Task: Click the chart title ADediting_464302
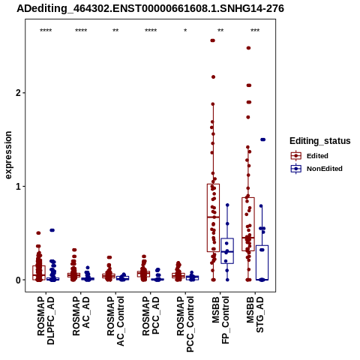151,8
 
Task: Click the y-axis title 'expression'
8,155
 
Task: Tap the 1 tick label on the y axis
18,187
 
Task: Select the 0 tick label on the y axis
18,280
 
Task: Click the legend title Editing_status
320,141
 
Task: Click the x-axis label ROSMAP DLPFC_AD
46,320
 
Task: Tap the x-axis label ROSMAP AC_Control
115,321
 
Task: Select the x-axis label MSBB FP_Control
220,320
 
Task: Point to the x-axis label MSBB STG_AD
255,314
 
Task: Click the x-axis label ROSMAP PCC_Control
185,324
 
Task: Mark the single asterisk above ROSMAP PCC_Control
185,31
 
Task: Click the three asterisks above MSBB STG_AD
255,31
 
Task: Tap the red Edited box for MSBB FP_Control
213,217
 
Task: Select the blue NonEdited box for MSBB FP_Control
227,250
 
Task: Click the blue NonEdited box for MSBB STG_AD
262,262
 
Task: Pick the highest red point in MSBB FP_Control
213,40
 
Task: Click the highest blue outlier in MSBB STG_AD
262,139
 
